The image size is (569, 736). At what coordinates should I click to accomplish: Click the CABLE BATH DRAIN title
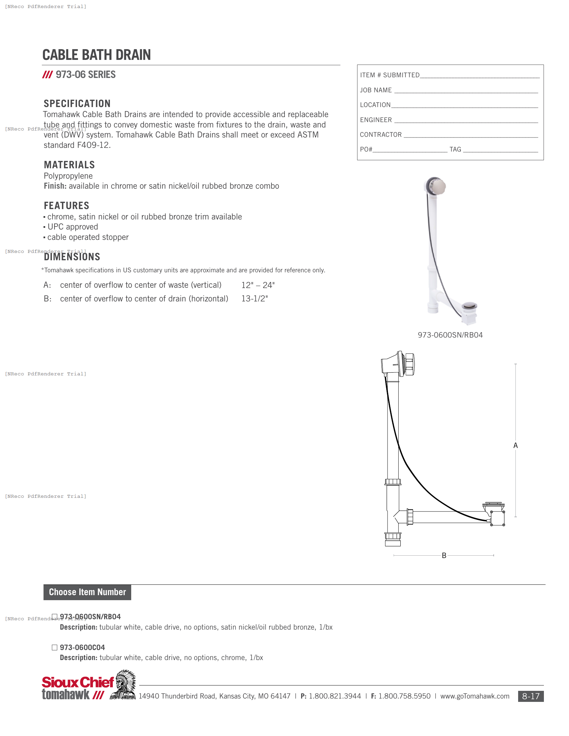coord(96,55)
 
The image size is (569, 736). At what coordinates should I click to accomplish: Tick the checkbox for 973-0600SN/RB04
coord(55,616)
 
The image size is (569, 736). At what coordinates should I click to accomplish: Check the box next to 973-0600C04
coord(55,647)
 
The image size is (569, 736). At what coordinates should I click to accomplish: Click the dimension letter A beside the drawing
coord(515,446)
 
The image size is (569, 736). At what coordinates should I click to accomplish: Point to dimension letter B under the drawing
coord(444,555)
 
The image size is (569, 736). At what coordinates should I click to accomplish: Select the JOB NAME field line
coord(466,91)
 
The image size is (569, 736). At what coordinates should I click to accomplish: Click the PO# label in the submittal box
coord(366,149)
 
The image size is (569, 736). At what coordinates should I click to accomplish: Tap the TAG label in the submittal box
coord(455,149)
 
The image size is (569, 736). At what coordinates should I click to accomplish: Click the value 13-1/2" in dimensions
coord(254,298)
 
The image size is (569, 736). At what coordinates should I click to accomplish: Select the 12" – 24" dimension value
coord(258,285)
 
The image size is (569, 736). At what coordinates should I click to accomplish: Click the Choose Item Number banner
coord(87,592)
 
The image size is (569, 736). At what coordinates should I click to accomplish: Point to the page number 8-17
coord(531,696)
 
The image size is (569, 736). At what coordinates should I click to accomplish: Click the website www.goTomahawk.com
coord(475,696)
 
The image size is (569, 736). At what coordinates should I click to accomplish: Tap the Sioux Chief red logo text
coord(78,682)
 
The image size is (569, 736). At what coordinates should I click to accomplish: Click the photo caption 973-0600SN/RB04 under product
coord(450,335)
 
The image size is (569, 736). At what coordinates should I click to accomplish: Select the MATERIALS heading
coord(69,165)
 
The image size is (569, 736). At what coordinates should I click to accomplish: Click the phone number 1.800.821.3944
coord(335,696)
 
